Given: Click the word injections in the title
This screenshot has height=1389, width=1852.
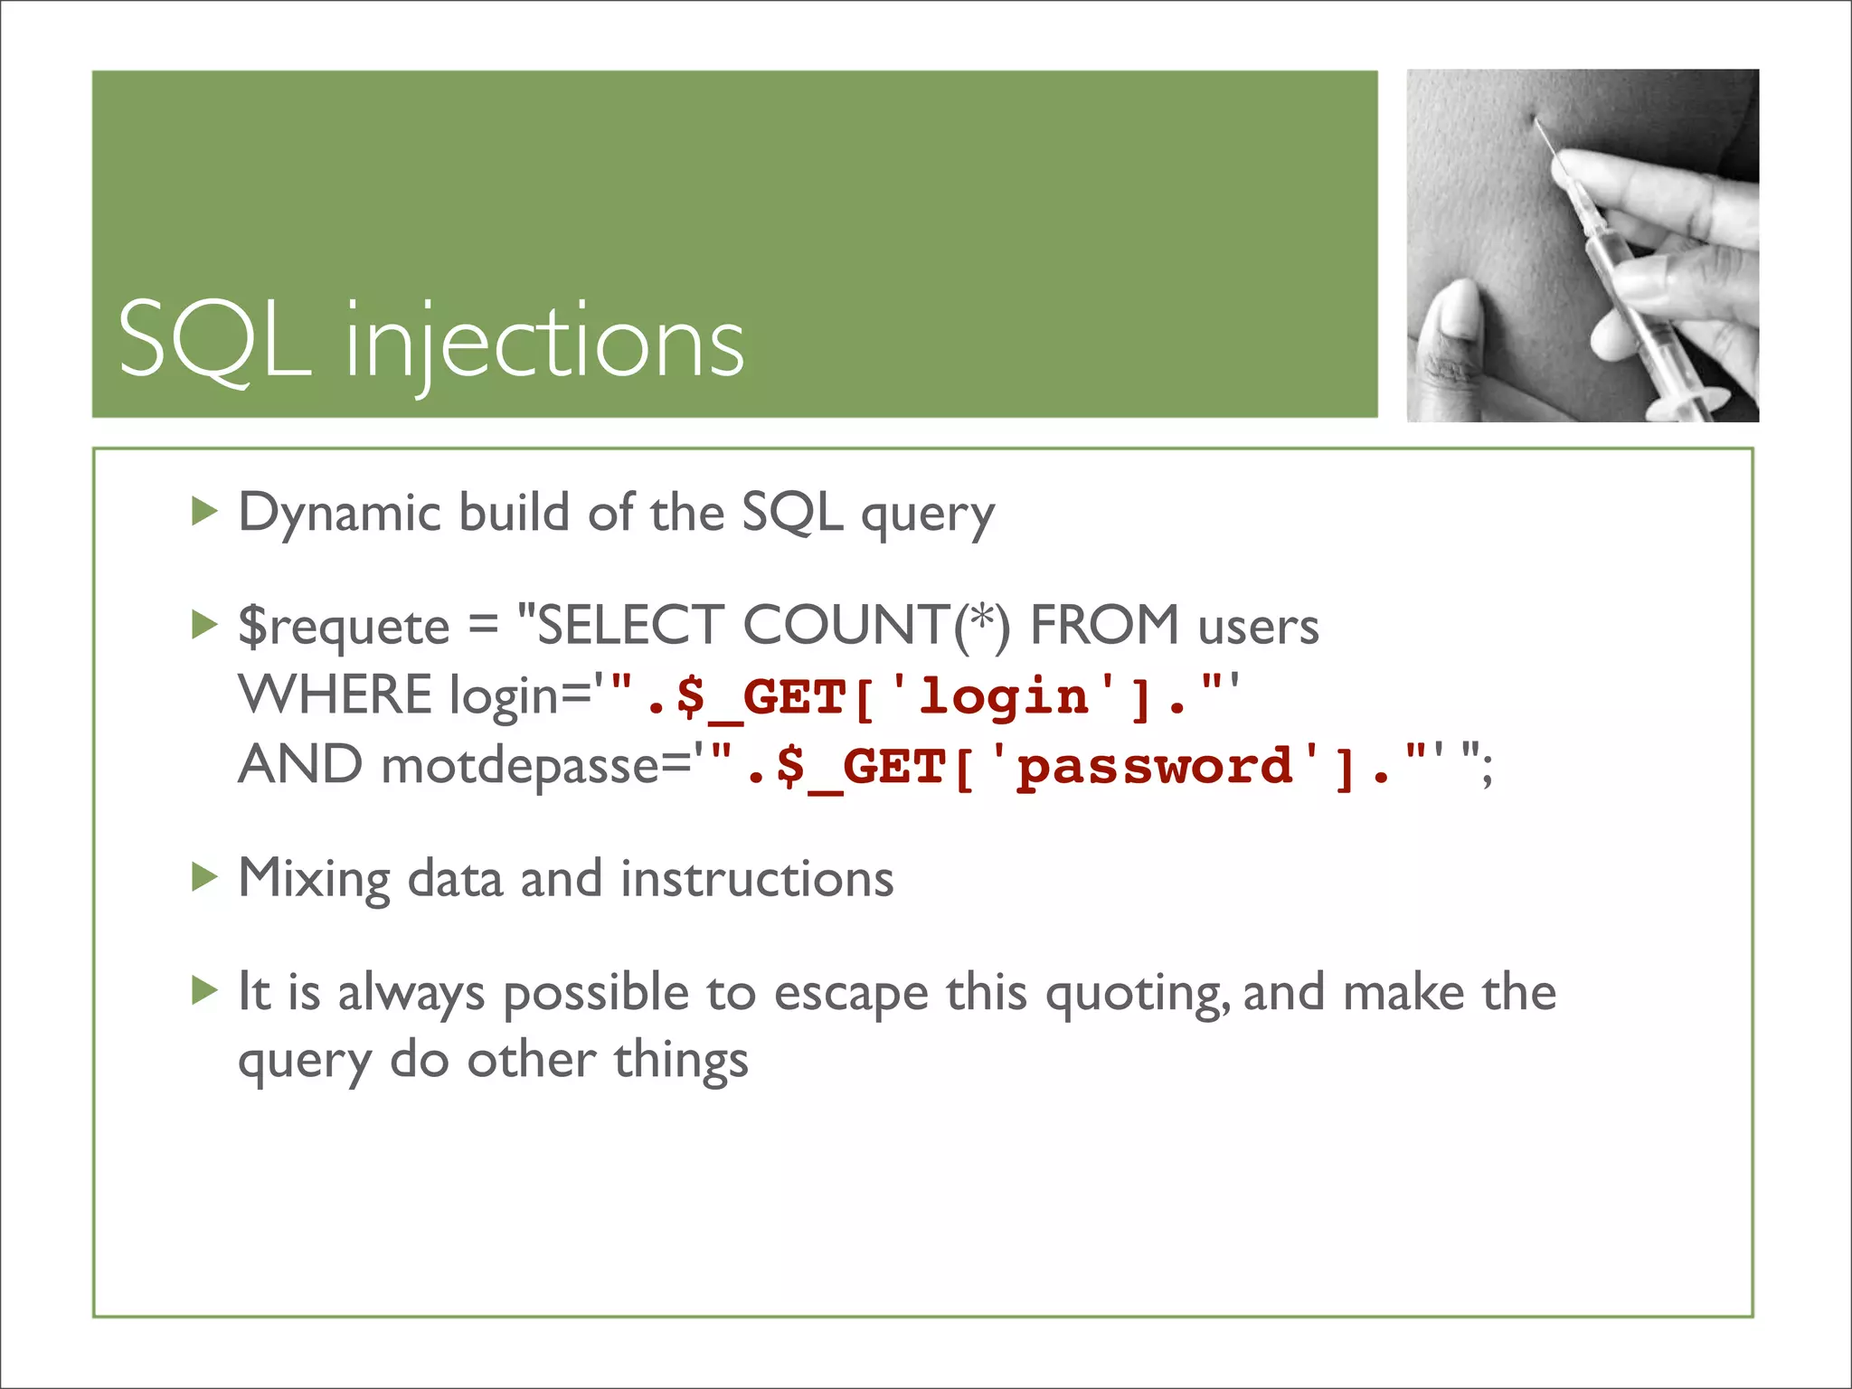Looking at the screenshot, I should (x=545, y=344).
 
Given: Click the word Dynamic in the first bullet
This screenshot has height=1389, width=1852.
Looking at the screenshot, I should (x=339, y=514).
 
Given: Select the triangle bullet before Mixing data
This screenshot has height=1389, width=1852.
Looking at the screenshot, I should (x=205, y=876).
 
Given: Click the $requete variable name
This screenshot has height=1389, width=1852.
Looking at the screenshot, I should (x=344, y=627).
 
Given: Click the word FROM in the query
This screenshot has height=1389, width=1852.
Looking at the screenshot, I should (x=1104, y=626).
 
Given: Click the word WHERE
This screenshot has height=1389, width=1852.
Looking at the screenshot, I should (x=335, y=695).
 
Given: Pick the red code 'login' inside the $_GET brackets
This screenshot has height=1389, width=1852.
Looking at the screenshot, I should (x=1004, y=697).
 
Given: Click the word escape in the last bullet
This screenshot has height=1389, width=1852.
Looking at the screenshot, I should (x=851, y=993).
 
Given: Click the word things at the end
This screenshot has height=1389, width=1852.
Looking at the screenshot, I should (x=681, y=1060).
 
